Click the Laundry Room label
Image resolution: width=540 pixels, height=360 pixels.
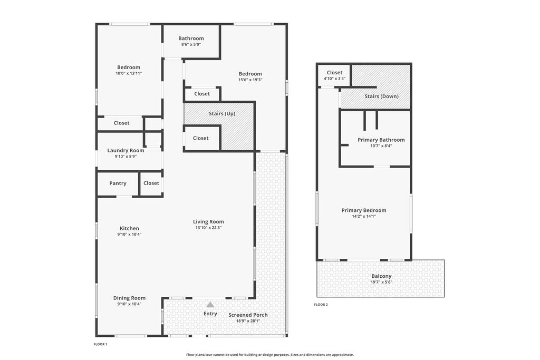coord(126,150)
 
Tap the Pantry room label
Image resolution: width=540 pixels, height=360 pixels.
coord(118,183)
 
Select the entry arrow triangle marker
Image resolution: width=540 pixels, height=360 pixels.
coord(210,305)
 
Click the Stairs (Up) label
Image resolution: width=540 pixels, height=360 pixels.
coord(222,113)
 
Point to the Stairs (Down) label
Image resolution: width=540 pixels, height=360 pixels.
coord(382,96)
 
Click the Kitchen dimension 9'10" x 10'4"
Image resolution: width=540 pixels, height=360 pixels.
coord(129,235)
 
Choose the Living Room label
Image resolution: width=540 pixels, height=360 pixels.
coord(208,222)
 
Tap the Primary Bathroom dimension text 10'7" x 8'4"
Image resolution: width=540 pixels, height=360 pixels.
coord(381,146)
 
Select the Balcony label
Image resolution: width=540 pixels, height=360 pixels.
coord(382,276)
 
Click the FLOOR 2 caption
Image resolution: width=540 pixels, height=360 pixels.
coord(321,305)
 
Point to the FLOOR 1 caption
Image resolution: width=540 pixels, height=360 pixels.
coord(101,344)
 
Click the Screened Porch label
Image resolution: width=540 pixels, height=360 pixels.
coord(248,315)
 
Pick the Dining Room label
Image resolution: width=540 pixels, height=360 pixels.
coord(130,298)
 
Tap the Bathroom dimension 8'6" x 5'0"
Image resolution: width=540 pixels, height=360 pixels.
coord(191,44)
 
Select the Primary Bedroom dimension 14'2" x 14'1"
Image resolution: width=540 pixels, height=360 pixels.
coord(364,217)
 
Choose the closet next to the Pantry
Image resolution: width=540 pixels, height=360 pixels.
coord(151,183)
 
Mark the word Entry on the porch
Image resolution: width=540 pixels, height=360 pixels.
coord(210,314)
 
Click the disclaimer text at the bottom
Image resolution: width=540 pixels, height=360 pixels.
coord(270,355)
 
